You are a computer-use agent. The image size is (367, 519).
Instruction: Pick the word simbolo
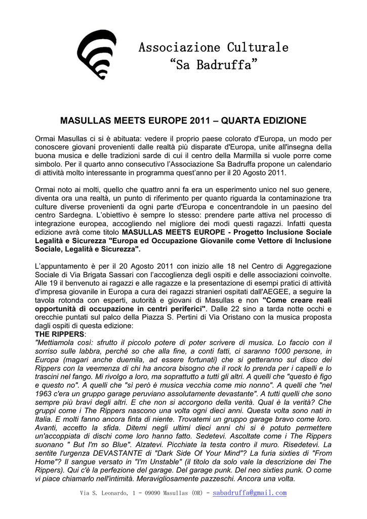pos(49,164)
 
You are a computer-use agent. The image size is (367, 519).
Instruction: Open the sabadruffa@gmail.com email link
pos(250,493)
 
